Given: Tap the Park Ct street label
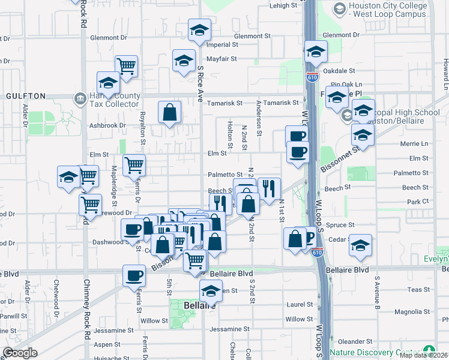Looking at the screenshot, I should click(417, 202).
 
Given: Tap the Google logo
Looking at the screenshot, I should click(20, 353).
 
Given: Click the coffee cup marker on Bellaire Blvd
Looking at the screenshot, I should click(134, 277).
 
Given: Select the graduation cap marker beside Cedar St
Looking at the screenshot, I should click(360, 246).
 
